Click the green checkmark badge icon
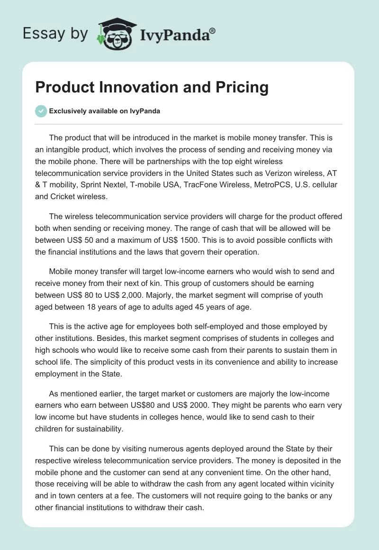point(41,111)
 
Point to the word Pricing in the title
point(243,87)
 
